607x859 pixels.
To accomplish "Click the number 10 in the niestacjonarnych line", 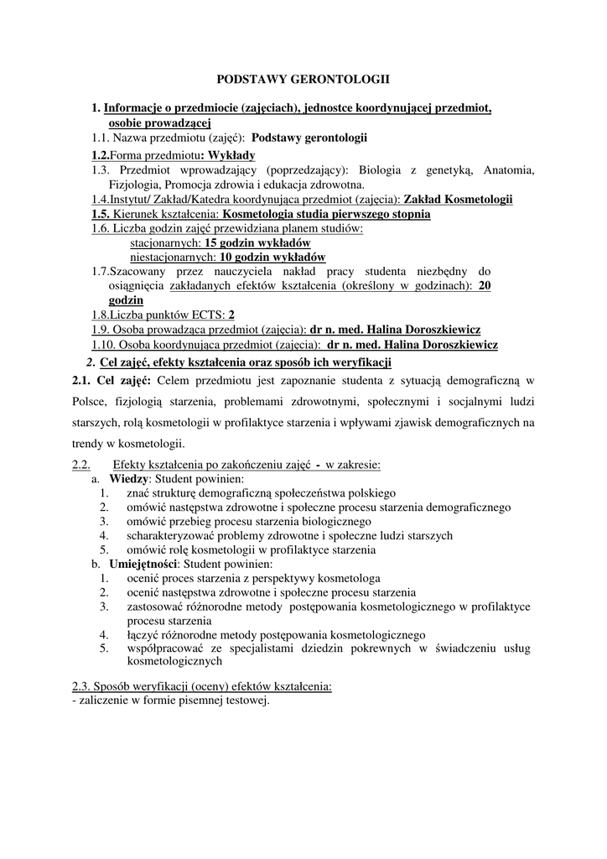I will [225, 257].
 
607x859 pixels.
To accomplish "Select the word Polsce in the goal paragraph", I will [91, 402].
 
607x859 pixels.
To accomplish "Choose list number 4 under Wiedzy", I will [104, 535].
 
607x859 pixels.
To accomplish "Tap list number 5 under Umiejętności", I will [104, 648].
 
